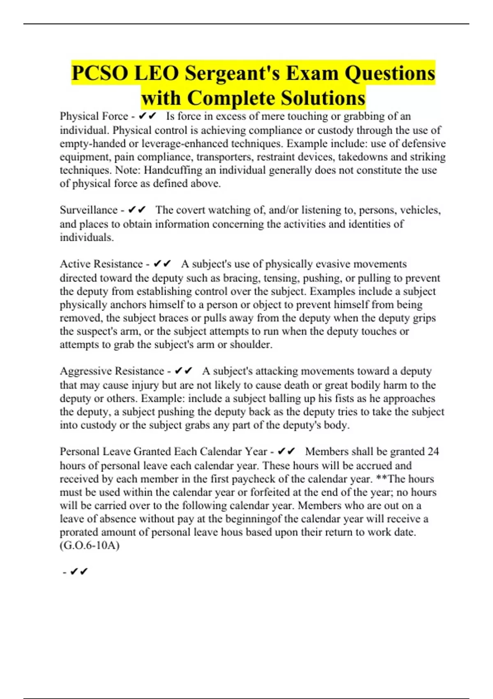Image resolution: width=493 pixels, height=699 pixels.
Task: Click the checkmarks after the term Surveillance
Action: [x=137, y=210]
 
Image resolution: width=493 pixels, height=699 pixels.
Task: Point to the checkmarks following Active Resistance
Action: [x=162, y=264]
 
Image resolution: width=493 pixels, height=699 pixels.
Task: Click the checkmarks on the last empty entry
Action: [x=79, y=572]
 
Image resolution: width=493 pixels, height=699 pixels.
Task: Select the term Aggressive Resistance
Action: [x=112, y=371]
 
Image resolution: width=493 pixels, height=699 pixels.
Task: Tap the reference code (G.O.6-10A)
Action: [x=90, y=546]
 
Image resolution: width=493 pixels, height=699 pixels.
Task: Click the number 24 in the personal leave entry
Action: [x=433, y=451]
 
